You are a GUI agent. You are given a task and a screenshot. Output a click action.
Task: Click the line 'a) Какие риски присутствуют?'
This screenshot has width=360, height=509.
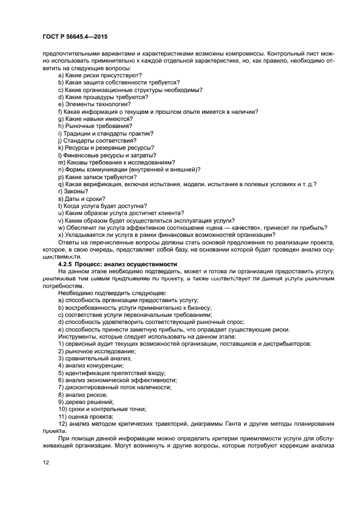coord(96,76)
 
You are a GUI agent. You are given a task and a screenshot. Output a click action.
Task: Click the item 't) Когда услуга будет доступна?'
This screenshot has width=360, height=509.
coord(102,206)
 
